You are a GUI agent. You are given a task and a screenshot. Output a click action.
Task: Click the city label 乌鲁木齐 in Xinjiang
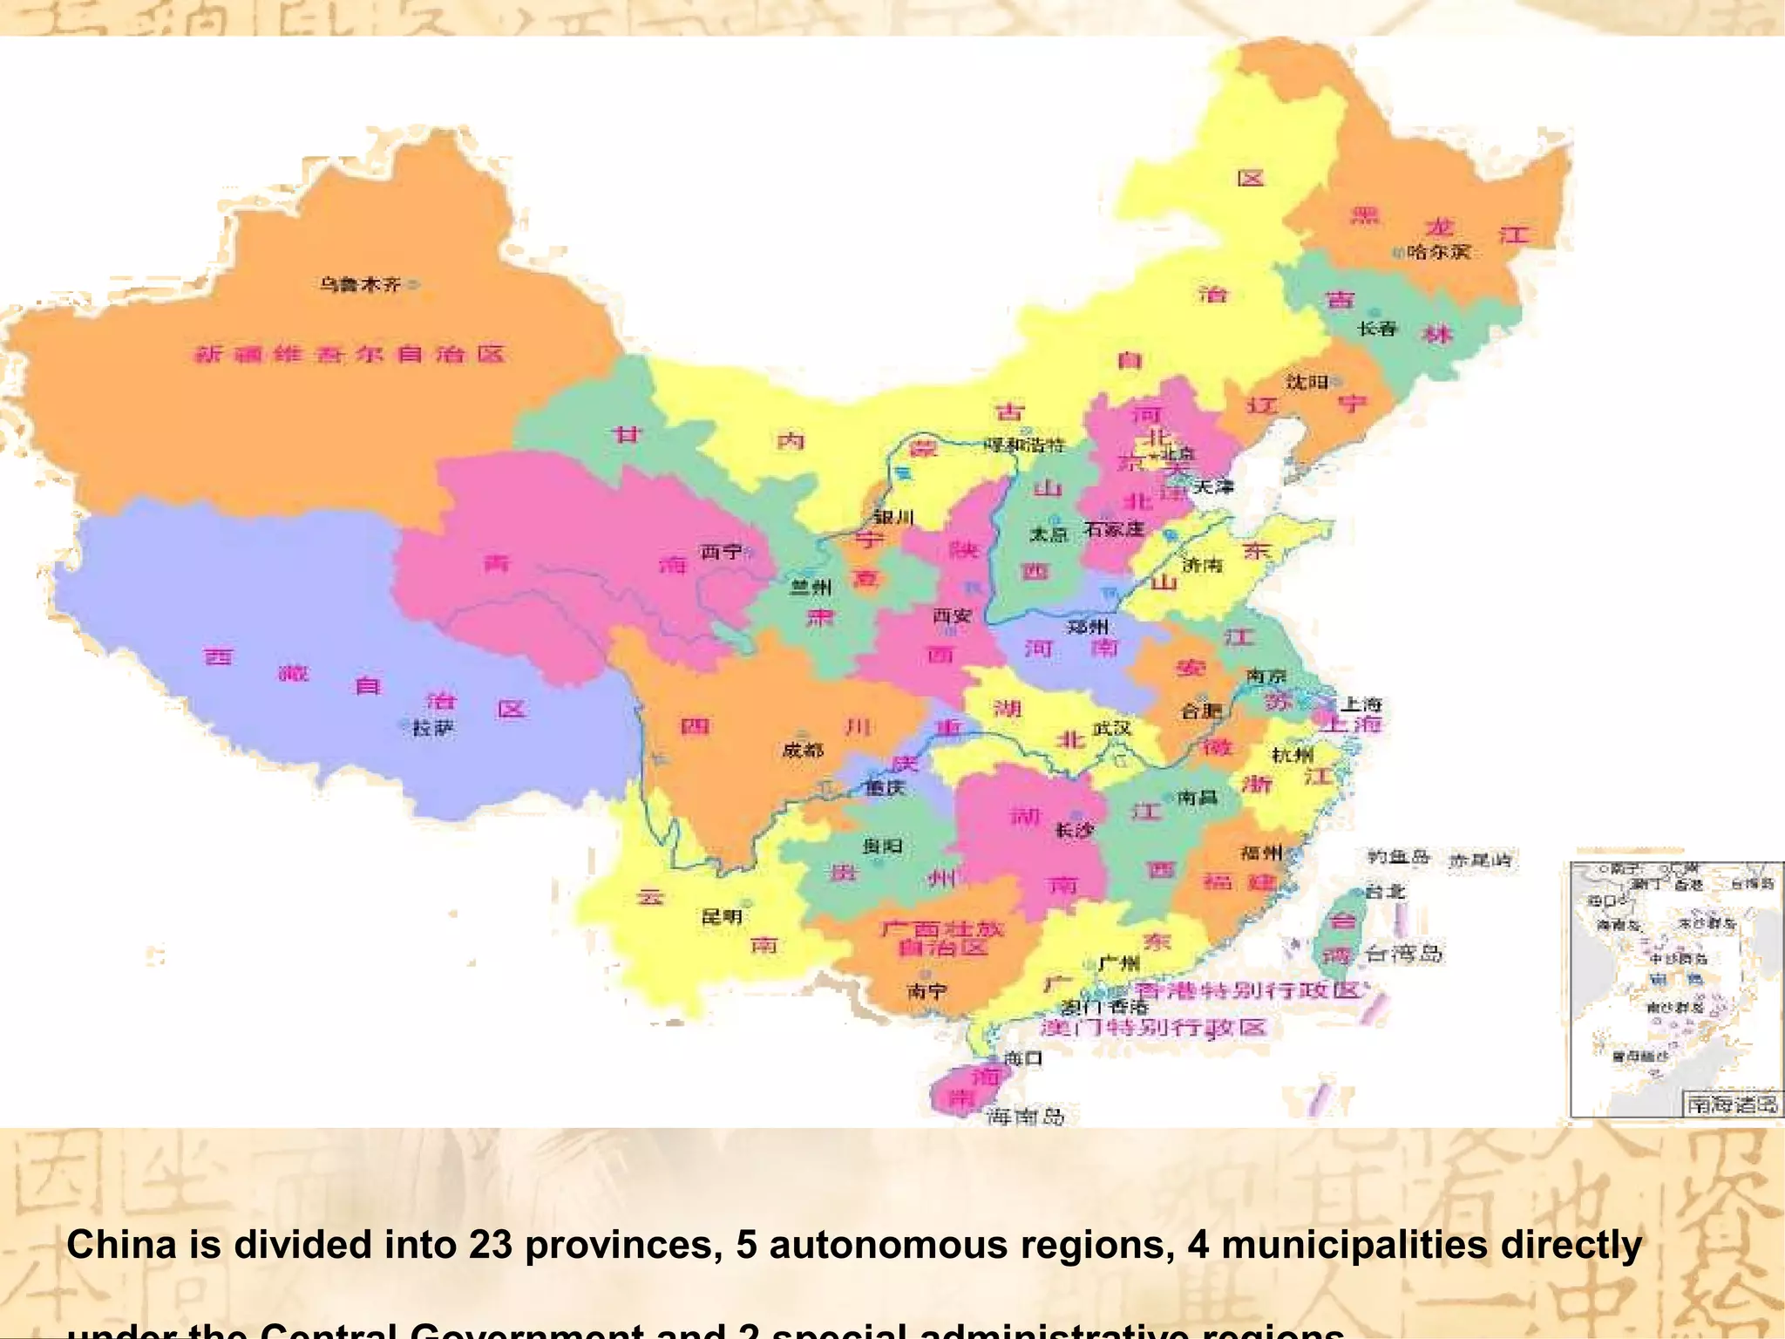[359, 284]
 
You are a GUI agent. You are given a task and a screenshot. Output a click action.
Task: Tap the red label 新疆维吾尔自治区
[349, 354]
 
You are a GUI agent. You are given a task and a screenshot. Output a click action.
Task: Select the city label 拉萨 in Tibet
[433, 728]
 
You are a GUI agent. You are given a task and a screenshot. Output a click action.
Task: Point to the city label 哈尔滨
[1439, 252]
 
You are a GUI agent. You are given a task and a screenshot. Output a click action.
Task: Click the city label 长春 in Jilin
[1377, 329]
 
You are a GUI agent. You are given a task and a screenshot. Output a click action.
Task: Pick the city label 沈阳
[1307, 382]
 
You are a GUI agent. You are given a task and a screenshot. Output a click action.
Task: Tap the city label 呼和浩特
[1024, 445]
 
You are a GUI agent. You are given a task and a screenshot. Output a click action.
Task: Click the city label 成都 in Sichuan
[803, 750]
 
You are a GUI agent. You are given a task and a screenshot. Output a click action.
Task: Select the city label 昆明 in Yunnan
[722, 916]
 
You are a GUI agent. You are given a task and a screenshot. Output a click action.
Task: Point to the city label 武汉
[1111, 728]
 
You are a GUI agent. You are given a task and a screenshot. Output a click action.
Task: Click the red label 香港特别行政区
[1247, 991]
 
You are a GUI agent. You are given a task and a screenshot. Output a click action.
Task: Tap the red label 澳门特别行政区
[1153, 1028]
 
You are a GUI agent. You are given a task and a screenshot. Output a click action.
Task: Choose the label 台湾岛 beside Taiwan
[1403, 954]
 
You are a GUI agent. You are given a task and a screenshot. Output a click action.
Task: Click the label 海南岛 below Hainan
[1025, 1116]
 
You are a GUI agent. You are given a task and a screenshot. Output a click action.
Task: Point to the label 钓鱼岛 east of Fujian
[1398, 857]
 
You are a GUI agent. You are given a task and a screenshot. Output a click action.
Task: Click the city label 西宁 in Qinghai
[721, 552]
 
